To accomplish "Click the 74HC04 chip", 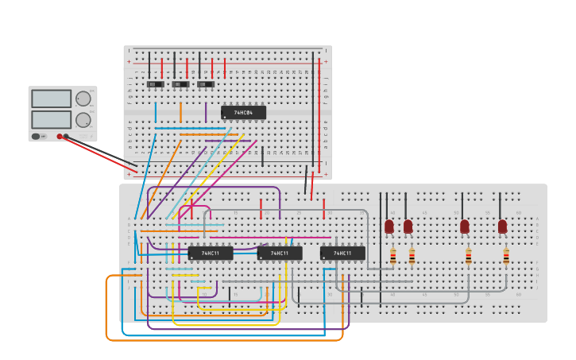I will [x=243, y=113].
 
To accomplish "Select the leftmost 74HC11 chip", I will [x=211, y=254].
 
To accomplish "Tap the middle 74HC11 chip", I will [x=280, y=254].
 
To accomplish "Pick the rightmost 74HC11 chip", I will [x=342, y=254].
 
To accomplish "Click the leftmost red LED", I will [x=389, y=226].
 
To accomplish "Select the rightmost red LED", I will [x=502, y=226].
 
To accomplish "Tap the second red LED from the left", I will [x=408, y=226].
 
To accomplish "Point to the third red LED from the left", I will [x=465, y=226].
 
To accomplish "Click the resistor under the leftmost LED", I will [x=392, y=256].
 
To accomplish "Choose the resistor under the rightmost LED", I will [x=506, y=256].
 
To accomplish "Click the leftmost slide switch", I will [x=156, y=84].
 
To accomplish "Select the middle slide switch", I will [x=181, y=84].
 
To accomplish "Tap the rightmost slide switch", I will [x=206, y=84].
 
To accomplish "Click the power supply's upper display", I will [x=51, y=99].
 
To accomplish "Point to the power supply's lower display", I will [x=51, y=119].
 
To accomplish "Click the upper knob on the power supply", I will [x=83, y=99].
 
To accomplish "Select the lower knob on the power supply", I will [x=83, y=120].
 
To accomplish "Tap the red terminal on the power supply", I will [x=60, y=137].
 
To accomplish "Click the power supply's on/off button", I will [x=36, y=137].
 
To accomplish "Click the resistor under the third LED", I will [x=469, y=256].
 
